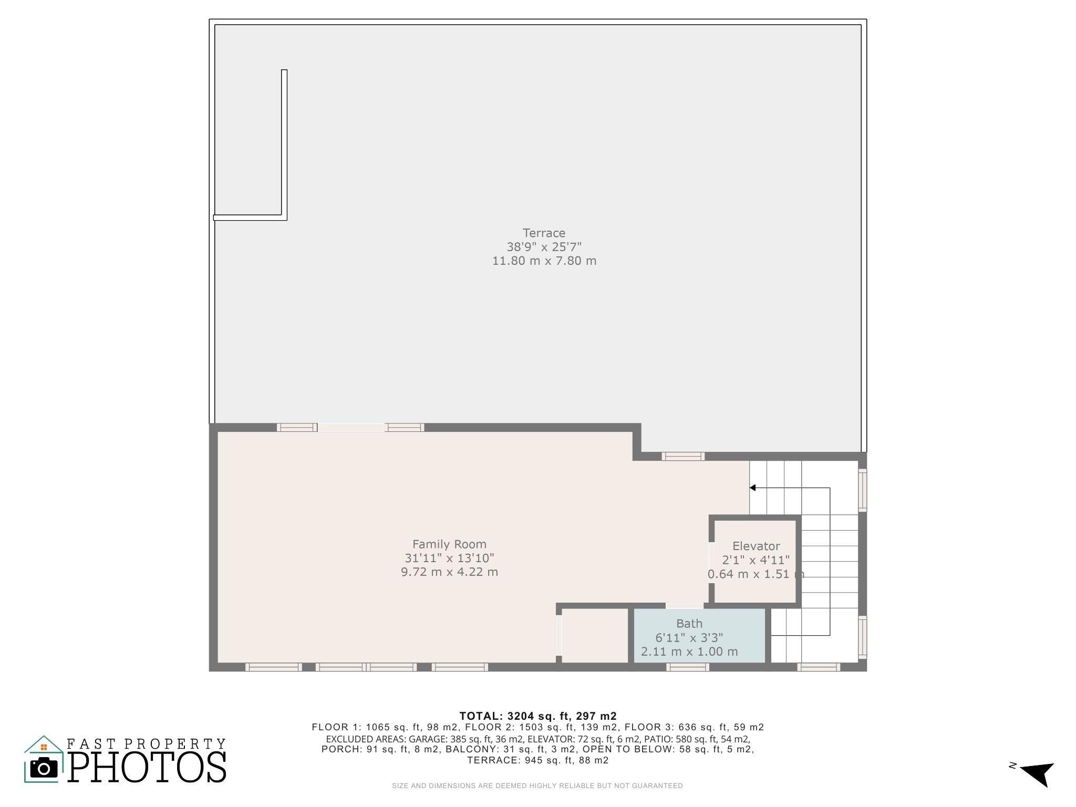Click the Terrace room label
coord(544,233)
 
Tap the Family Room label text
coord(449,544)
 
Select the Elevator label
coord(756,546)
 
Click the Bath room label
coord(689,624)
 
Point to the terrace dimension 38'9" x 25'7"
coord(544,247)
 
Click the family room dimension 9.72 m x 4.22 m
coord(449,572)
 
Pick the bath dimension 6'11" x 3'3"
coord(689,638)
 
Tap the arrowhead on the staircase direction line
coord(753,488)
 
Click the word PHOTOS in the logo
coord(147,768)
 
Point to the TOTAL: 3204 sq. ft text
coord(537,716)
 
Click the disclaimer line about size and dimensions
coord(537,786)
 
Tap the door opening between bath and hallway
coord(685,606)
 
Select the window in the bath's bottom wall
coord(688,667)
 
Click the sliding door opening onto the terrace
coord(351,428)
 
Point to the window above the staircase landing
coord(682,457)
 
